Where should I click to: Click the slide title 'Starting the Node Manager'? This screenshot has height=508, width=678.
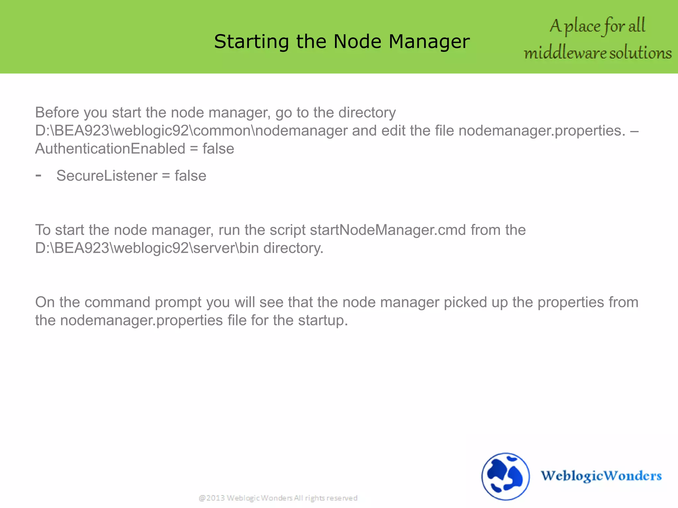(342, 42)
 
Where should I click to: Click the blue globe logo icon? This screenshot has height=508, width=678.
(505, 476)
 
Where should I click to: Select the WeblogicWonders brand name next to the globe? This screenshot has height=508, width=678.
(601, 476)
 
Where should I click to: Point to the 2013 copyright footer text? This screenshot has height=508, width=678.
(278, 498)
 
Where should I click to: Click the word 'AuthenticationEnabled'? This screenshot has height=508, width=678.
(110, 149)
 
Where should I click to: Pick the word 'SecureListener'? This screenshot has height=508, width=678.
(107, 176)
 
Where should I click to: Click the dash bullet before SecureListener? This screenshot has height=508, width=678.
(38, 175)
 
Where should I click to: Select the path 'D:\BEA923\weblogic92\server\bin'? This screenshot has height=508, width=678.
(147, 248)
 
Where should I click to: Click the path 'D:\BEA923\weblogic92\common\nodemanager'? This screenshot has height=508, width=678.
(191, 131)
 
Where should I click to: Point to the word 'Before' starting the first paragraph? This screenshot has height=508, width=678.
(57, 113)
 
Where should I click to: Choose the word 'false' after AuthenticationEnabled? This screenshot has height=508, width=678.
(218, 149)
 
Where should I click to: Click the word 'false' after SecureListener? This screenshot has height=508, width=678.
(190, 176)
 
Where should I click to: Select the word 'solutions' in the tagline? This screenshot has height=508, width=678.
(641, 53)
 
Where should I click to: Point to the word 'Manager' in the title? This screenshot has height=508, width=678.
(429, 42)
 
